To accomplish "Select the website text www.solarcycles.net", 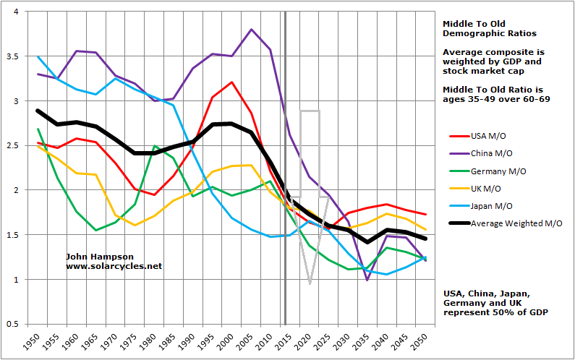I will point(114,266).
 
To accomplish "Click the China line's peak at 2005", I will point(251,30).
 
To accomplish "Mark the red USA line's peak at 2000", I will point(232,82).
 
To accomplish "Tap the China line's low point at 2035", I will point(367,280).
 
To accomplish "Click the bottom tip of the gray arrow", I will point(310,283).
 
